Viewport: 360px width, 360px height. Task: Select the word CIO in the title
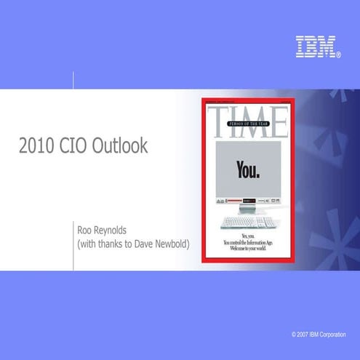coord(76,146)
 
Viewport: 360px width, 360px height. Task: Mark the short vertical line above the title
coord(73,79)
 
